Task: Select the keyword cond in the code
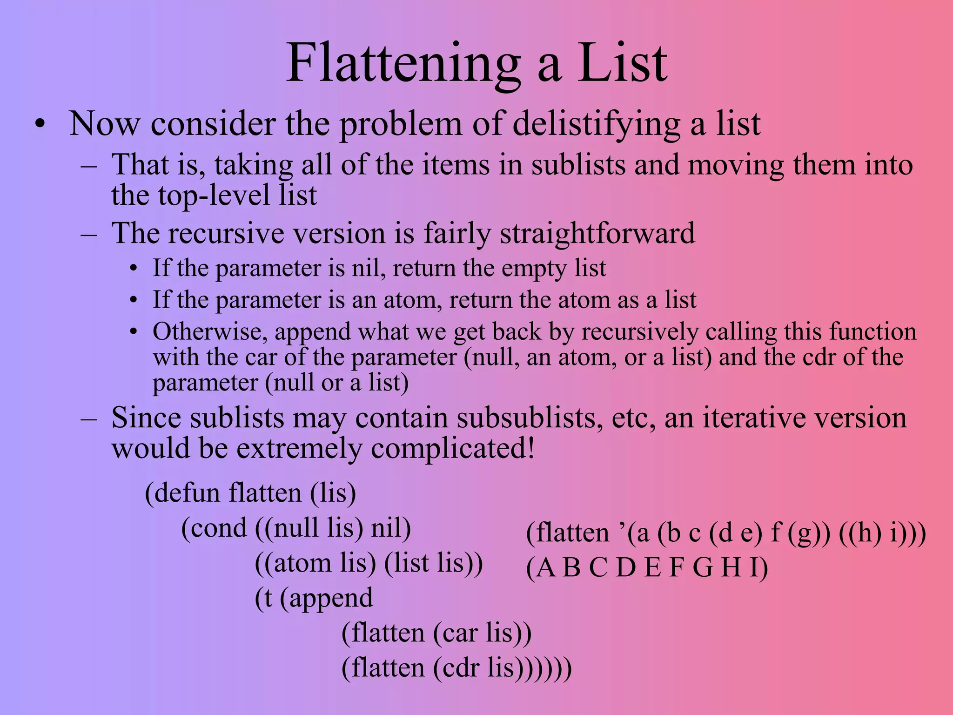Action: click(x=219, y=528)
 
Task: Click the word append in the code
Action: click(x=331, y=598)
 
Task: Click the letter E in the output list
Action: click(x=653, y=568)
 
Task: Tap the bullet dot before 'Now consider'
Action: click(x=40, y=125)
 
